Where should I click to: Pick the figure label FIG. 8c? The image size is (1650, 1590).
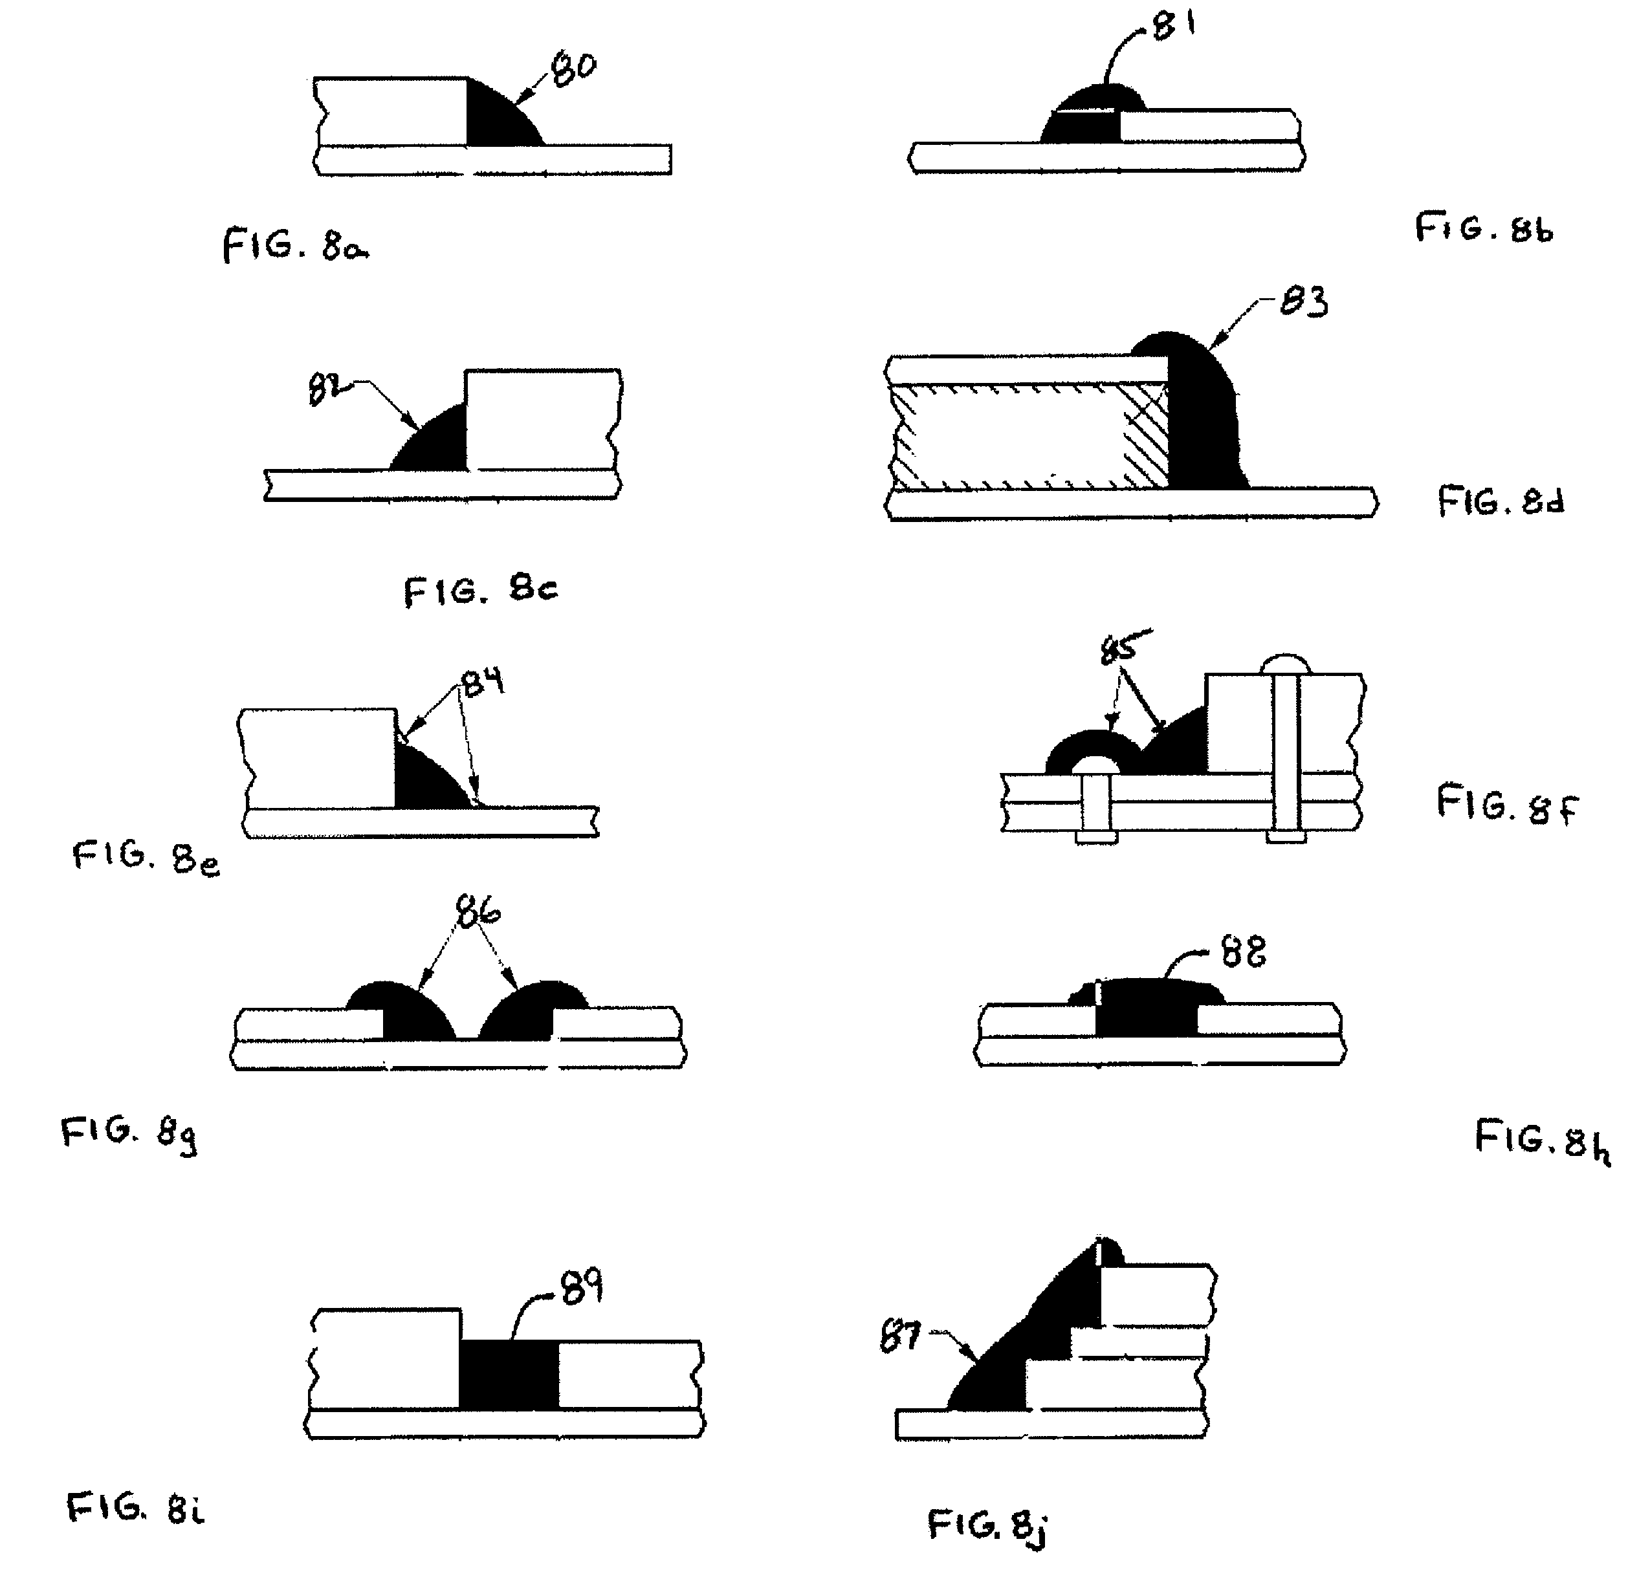point(481,591)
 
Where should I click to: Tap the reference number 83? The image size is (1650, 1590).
point(1303,301)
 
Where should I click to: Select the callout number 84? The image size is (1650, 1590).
point(483,679)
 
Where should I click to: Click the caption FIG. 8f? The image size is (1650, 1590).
point(1507,804)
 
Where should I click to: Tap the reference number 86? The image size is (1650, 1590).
point(478,910)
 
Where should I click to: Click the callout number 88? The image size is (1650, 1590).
point(1244,953)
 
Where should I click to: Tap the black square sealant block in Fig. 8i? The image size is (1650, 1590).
point(509,1374)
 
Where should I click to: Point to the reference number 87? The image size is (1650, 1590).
point(899,1336)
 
